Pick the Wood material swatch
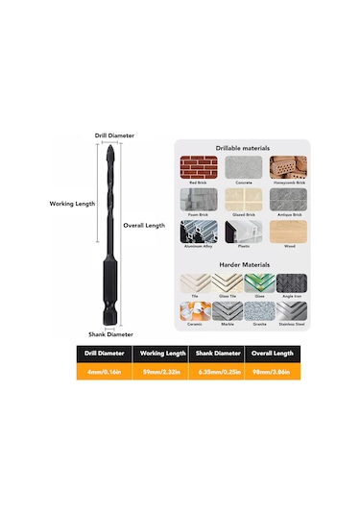pos(287,232)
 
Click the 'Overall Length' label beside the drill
pos(147,225)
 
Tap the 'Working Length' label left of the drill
pos(73,204)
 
